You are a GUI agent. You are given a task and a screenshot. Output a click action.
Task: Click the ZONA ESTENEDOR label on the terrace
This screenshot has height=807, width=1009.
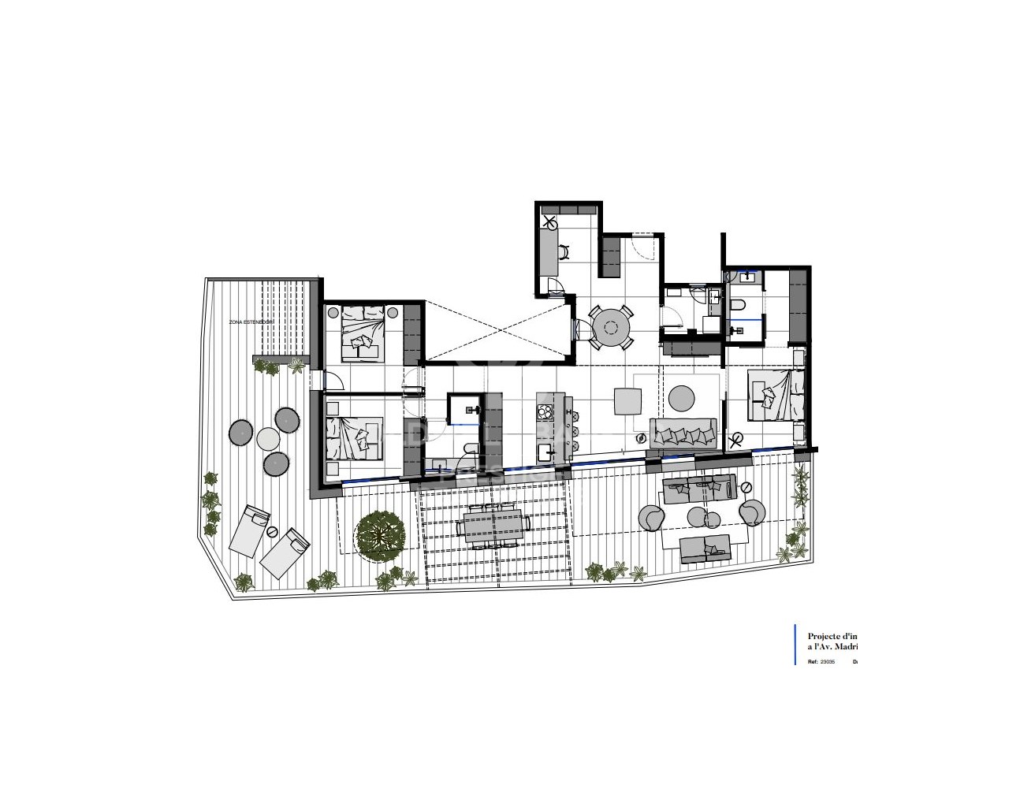coord(251,322)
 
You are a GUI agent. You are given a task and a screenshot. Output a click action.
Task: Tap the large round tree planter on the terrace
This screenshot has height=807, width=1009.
coord(379,535)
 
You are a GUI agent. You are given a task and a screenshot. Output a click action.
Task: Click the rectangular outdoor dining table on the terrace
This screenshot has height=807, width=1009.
coord(493,525)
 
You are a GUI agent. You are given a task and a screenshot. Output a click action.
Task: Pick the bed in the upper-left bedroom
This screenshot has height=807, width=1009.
coord(364,332)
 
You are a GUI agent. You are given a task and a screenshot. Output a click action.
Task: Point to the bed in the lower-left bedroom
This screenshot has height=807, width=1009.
coord(354,437)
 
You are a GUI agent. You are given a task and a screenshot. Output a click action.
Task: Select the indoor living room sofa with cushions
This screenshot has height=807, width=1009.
coord(683,434)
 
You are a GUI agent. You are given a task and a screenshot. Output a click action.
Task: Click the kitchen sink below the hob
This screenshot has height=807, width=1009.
coord(544,452)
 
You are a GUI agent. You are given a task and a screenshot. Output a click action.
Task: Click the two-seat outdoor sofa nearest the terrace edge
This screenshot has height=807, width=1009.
coord(705,547)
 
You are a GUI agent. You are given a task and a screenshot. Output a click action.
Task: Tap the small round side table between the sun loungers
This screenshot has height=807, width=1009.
coord(272,533)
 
